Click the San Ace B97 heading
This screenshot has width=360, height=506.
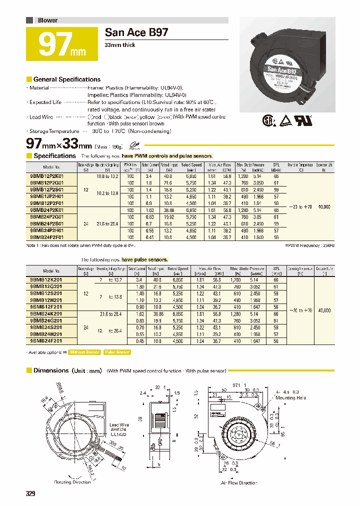pos(136,32)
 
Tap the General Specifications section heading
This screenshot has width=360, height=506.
pos(66,79)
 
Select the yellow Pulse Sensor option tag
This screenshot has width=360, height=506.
pos(117,352)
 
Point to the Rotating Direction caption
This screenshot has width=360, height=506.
pos(72,482)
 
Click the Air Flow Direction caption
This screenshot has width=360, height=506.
pos(238,482)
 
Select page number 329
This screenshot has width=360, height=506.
pos(31,494)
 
